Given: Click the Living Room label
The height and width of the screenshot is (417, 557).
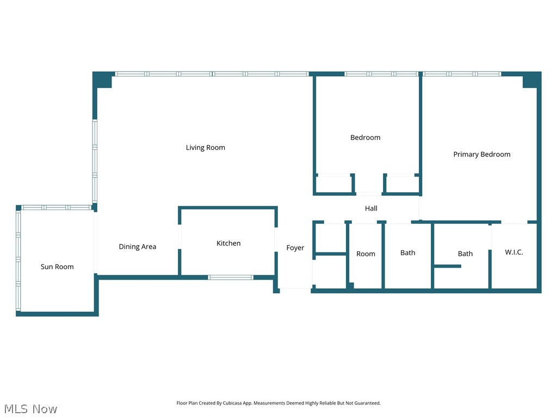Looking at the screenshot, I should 205,148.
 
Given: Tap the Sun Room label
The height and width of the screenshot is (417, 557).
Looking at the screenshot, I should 57,267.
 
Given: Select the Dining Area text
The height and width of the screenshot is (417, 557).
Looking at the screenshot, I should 137,247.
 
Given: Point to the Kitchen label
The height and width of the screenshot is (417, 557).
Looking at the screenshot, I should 228,243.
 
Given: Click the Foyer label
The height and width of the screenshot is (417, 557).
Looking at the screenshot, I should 295,248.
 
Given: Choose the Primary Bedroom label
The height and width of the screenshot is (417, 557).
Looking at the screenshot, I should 481,154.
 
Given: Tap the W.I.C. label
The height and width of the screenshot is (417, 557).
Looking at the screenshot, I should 513,252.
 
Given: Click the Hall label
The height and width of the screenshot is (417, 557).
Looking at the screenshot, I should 371,208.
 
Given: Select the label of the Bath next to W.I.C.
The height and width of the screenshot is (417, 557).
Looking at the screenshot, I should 465,254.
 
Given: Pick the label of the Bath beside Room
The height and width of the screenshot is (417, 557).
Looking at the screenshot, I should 407,252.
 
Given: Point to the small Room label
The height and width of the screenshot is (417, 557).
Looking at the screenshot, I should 366,254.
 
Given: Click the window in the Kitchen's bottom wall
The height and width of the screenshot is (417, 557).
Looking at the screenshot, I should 231,277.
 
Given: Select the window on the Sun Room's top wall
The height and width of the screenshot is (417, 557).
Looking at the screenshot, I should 55,207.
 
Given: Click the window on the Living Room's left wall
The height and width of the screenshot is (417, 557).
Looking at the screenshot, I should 95,161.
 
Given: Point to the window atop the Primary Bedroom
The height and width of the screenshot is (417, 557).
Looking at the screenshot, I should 462,74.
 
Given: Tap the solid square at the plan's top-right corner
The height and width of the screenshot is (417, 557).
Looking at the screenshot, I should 531,80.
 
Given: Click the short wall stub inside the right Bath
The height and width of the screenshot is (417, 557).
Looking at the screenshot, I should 447,266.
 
